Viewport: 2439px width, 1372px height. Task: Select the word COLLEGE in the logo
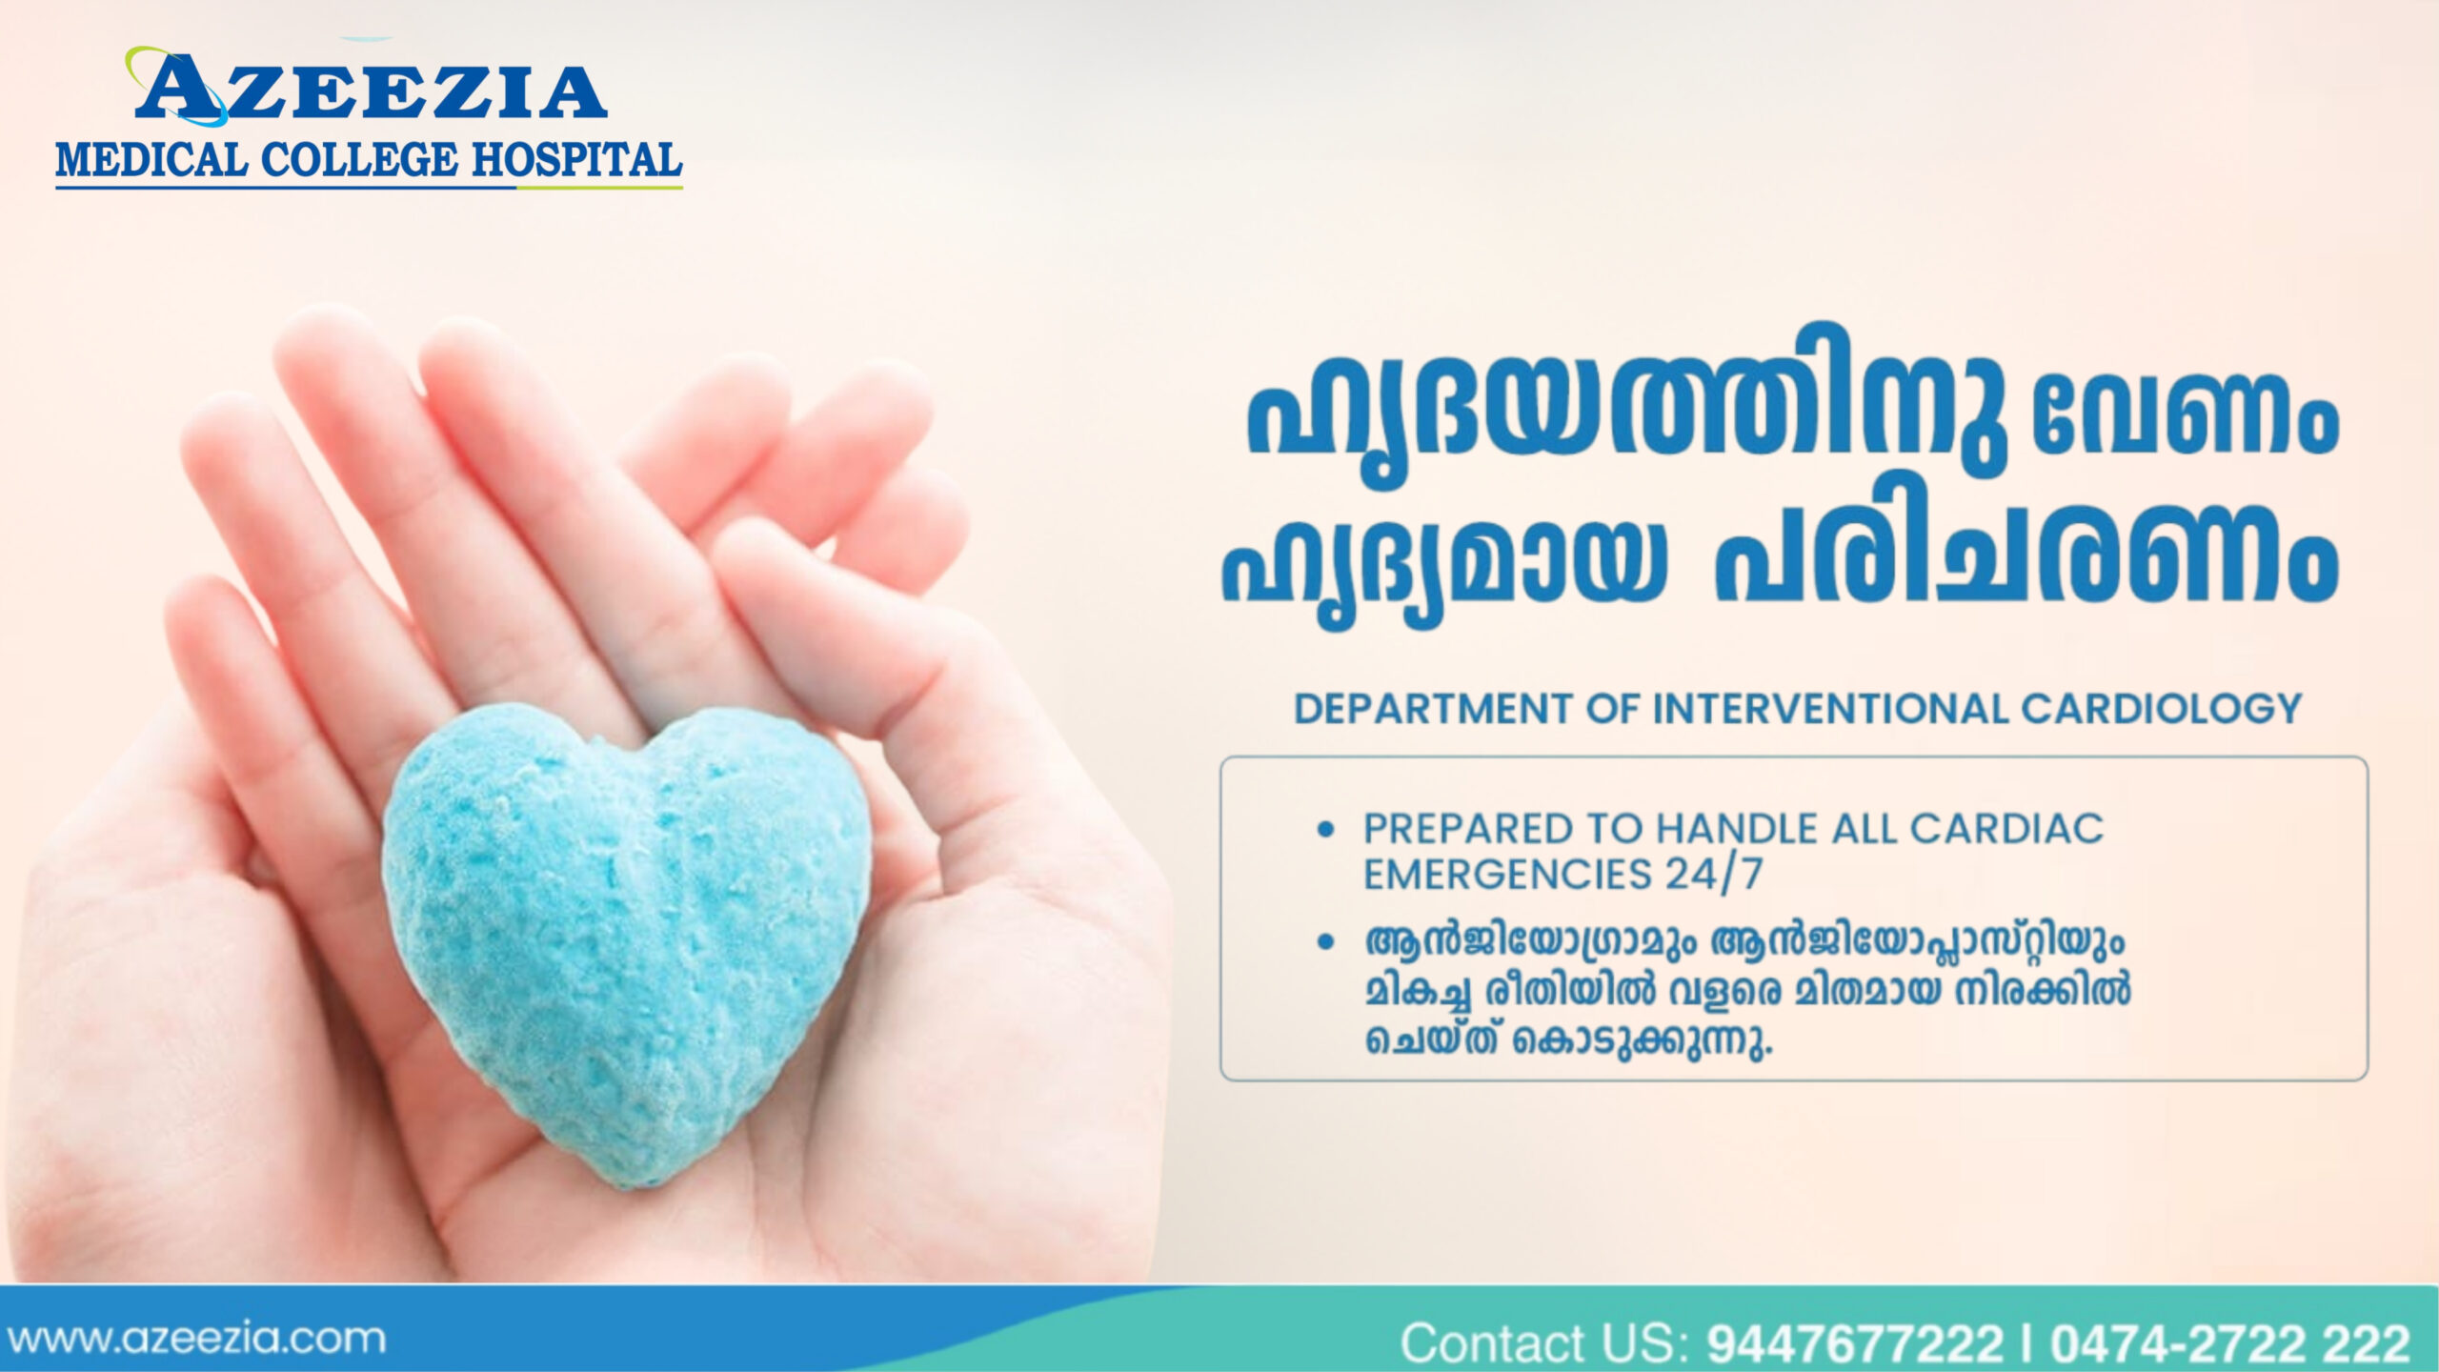[361, 160]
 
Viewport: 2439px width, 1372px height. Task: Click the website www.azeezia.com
[195, 1339]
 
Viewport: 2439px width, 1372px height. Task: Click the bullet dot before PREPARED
[1324, 831]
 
